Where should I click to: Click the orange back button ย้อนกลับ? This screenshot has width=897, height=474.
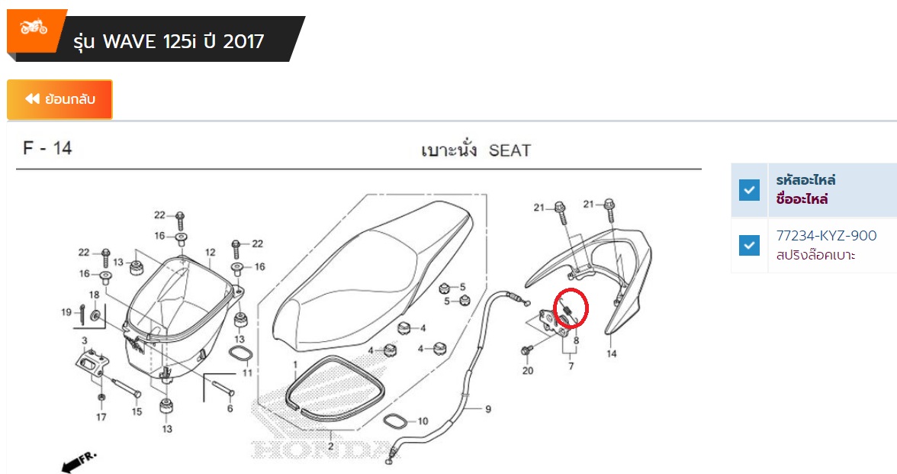pos(59,99)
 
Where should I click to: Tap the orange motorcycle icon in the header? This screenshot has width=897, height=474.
pos(34,27)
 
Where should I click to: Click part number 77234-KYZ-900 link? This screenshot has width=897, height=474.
pos(826,235)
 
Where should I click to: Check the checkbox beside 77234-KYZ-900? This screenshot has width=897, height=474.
pos(749,245)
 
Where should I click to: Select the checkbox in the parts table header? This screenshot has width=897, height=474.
pos(749,189)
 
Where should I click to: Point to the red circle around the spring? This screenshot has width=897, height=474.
pos(571,308)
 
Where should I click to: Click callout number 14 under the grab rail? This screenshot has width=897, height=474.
pos(612,354)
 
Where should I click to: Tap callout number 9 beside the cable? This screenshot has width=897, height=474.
pos(488,409)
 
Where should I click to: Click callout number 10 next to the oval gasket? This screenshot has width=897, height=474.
pos(423,421)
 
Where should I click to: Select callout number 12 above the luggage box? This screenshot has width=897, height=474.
pos(211,252)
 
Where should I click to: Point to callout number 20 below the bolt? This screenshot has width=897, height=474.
pos(528,371)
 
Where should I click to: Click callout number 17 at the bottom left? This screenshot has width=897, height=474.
pos(101,418)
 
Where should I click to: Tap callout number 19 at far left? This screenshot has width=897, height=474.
pos(66,312)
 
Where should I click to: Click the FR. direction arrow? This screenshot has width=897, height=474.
pos(79,463)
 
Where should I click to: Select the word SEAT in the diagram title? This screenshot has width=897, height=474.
pos(510,150)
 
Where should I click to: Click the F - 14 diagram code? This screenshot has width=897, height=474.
pos(47,148)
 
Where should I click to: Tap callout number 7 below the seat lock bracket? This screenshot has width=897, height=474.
pos(571,365)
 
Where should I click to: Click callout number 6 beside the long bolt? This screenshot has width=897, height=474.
pos(230,408)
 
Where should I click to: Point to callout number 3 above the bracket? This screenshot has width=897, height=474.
pos(85,340)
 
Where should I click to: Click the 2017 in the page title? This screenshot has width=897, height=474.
pos(244,41)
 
